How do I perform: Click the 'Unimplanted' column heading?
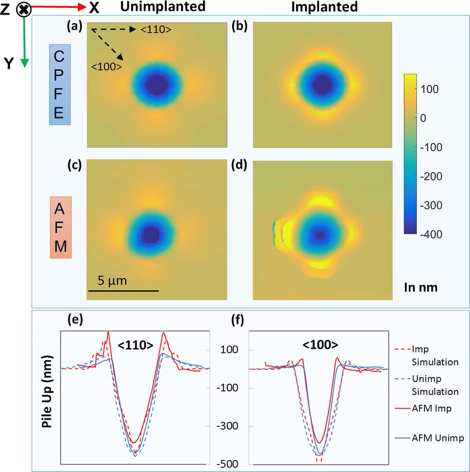[x=163, y=6]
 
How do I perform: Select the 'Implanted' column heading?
[x=324, y=7]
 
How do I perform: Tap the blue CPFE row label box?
[x=60, y=85]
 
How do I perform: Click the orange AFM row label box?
[x=61, y=227]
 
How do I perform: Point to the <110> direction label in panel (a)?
[x=156, y=29]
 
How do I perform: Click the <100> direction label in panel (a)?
[x=106, y=67]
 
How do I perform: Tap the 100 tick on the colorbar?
[x=429, y=89]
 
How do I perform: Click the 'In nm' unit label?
[x=420, y=288]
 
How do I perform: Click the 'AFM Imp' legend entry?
[x=431, y=409]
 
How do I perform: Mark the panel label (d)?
[x=239, y=165]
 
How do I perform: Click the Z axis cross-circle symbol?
[x=24, y=9]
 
